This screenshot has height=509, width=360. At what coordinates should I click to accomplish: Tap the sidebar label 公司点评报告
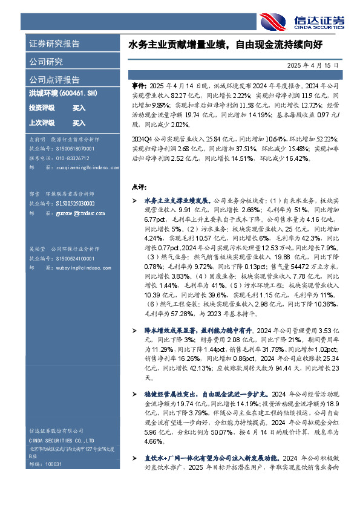(54, 79)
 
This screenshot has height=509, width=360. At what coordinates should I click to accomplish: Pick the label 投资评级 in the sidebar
(42, 108)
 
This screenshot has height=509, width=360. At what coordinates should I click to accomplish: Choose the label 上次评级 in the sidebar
(42, 123)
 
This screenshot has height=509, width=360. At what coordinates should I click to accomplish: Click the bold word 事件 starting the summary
(138, 86)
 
